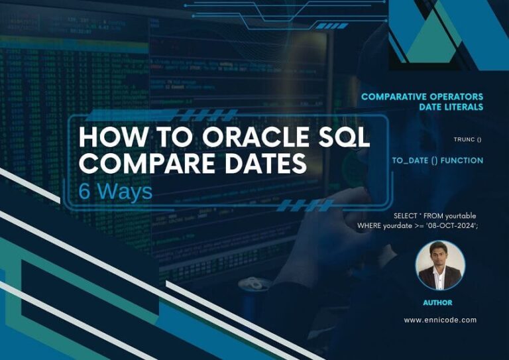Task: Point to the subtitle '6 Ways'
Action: (x=115, y=191)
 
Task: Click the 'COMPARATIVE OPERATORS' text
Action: (x=422, y=97)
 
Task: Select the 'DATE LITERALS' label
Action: (x=451, y=107)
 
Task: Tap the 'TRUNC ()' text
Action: (x=467, y=139)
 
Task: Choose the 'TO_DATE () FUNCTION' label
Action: (x=437, y=160)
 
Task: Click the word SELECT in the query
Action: (x=406, y=216)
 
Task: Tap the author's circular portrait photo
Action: (x=440, y=265)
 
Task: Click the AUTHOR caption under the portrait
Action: (x=437, y=302)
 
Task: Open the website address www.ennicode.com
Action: (x=440, y=320)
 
